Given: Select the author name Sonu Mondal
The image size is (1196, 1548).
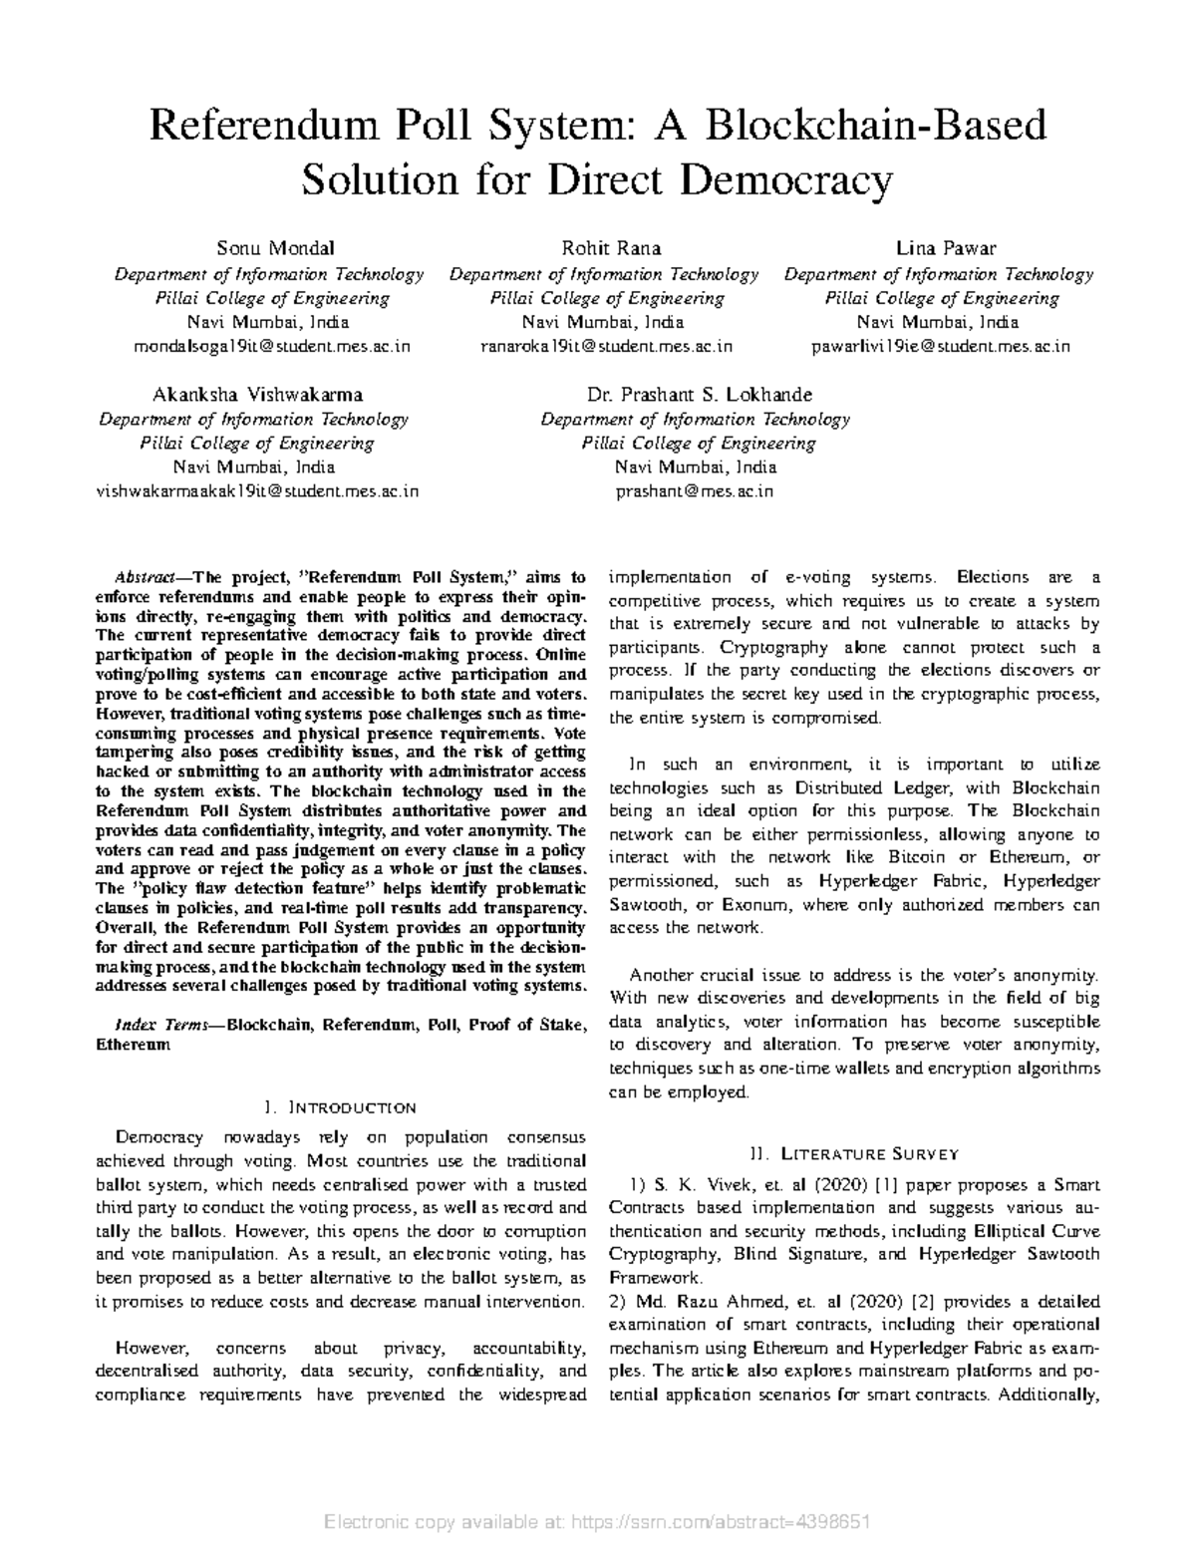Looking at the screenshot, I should [261, 248].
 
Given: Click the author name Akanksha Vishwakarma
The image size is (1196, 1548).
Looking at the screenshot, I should [256, 394].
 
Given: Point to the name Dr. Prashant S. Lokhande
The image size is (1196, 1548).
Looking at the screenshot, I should [695, 394].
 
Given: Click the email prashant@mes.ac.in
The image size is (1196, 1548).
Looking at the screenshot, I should [695, 490].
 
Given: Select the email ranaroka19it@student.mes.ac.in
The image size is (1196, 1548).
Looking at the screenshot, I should [606, 346].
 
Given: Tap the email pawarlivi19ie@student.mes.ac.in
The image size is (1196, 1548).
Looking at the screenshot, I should [941, 346].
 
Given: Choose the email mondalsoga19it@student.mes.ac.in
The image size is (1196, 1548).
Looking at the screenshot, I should [271, 346].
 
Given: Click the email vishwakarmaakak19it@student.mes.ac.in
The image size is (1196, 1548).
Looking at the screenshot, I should [256, 490].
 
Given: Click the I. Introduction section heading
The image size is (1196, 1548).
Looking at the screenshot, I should [340, 1107].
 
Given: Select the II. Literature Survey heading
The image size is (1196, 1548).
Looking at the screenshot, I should [854, 1154].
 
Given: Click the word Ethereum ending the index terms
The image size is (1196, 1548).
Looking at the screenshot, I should [133, 1046].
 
